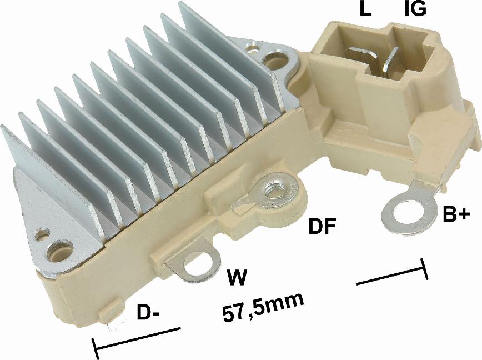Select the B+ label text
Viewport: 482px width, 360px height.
coord(456,214)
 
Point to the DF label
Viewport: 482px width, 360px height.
coord(322,226)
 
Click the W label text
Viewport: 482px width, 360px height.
coord(237,278)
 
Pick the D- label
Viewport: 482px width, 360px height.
coord(148,312)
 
